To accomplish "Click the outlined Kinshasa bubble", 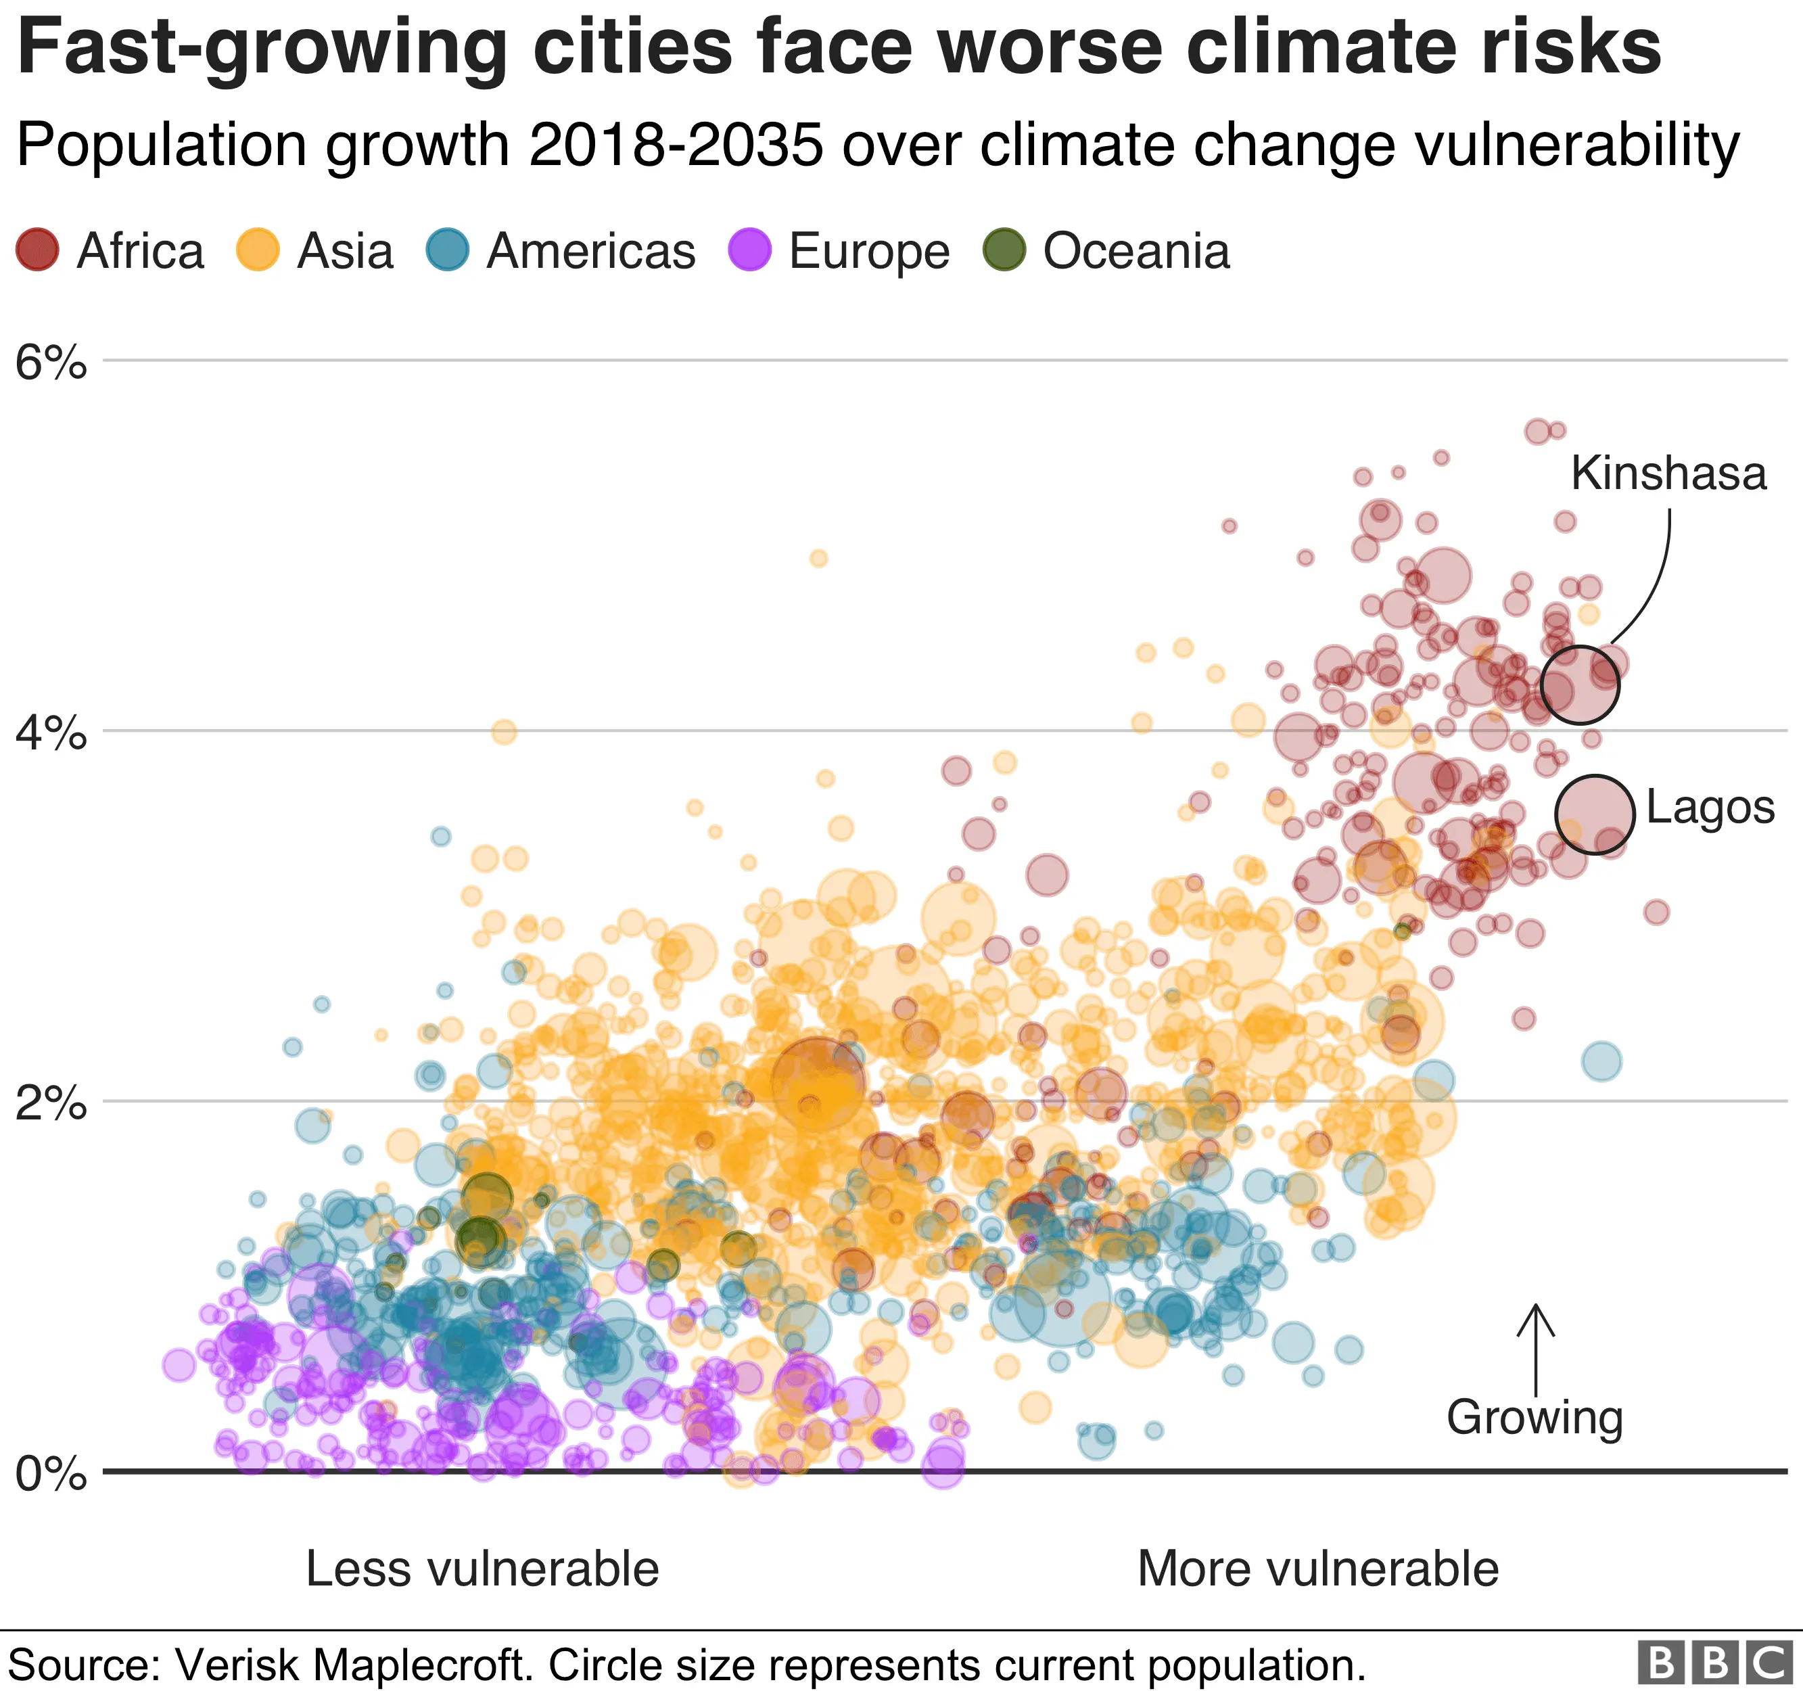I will point(1580,685).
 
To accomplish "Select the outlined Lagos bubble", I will point(1595,814).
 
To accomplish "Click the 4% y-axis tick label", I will point(51,733).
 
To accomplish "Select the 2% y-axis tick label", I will point(51,1104).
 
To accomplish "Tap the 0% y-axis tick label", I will point(51,1474).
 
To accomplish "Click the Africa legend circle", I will point(37,250).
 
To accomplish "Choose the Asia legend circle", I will point(258,250).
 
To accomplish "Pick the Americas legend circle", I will point(448,250).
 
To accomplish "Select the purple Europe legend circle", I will point(750,250).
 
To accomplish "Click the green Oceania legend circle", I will point(1005,250).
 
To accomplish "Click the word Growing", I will point(1535,1417).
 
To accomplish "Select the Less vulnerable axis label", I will point(482,1569).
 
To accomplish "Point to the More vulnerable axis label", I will point(1318,1569).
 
